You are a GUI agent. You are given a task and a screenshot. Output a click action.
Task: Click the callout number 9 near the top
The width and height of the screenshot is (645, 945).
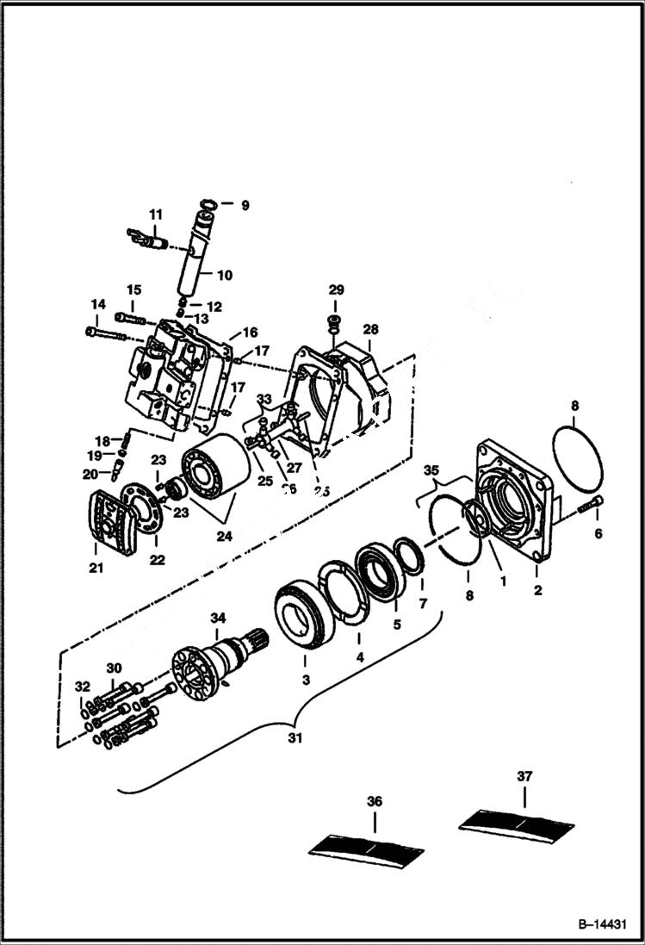point(244,206)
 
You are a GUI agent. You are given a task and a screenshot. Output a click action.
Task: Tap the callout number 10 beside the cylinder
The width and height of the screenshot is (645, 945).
point(224,276)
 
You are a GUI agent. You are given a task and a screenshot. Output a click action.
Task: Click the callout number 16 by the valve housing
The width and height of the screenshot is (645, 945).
point(250,333)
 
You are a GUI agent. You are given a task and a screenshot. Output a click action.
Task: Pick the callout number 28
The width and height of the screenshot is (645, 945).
point(370,330)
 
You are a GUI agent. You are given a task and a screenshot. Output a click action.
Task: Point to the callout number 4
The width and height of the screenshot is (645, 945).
point(360,656)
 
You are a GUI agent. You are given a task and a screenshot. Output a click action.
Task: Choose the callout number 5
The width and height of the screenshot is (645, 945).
point(397,625)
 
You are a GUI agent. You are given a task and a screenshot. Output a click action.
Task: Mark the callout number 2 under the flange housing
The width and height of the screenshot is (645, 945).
point(537,591)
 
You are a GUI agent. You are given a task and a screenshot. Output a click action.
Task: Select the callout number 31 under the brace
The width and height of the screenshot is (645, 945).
point(296,739)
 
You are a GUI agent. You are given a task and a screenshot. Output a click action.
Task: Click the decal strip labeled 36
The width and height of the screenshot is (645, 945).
point(368,847)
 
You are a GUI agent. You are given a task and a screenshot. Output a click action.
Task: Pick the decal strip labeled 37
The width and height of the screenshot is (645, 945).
point(518,822)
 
